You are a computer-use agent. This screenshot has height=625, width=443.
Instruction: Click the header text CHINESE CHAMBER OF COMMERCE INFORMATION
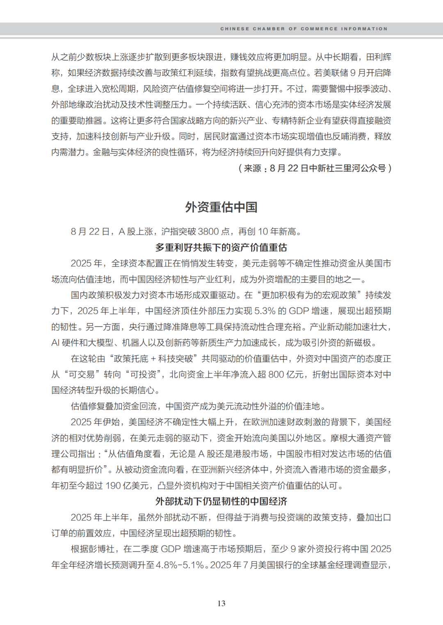coord(304,29)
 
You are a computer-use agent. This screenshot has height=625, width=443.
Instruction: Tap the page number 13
coord(221,603)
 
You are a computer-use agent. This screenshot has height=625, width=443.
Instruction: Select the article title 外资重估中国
coord(221,207)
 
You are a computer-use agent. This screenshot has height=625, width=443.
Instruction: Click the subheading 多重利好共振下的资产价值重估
coord(221,248)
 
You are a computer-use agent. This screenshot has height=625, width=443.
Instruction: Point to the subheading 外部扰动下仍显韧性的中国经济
coord(221,501)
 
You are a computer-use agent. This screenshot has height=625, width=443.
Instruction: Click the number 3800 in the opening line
coord(208,232)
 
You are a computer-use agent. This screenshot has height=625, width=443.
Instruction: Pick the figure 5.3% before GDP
coord(265,311)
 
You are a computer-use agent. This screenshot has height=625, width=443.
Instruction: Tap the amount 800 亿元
coord(286,375)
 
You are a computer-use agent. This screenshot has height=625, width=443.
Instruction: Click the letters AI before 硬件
coord(55,343)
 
